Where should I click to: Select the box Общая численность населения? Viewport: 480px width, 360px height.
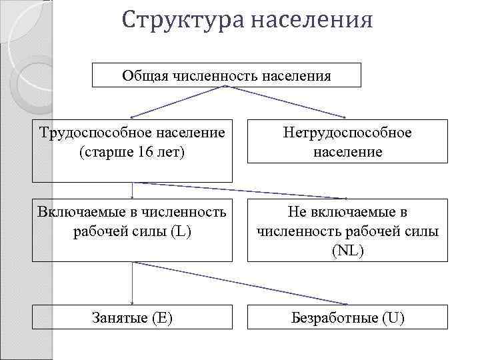click(226, 75)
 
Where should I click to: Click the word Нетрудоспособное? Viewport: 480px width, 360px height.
click(348, 133)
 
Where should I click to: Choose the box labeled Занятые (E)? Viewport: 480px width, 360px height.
click(132, 317)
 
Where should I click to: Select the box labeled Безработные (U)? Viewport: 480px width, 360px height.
click(348, 317)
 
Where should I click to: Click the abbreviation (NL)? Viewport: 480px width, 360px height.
click(347, 251)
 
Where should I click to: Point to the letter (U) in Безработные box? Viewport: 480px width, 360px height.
click(393, 317)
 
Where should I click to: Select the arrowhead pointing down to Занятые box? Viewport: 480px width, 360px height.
click(132, 301)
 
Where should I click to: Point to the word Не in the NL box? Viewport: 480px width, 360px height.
click(297, 212)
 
